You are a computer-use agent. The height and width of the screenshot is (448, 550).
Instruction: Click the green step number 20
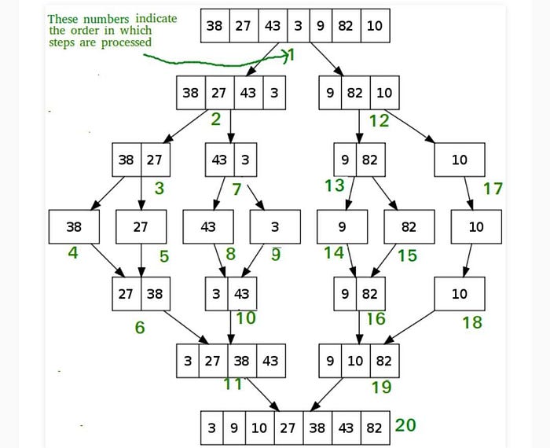(405, 425)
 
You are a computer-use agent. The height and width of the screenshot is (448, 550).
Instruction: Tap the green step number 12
(379, 121)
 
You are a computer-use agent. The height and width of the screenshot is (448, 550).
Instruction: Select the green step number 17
(493, 189)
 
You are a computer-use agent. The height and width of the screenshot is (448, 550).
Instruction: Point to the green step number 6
(139, 327)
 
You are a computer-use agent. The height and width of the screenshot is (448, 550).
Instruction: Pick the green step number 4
(73, 253)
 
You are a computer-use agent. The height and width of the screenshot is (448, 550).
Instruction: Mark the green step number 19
(382, 387)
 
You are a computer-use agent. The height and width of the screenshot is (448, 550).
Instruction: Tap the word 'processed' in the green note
(126, 42)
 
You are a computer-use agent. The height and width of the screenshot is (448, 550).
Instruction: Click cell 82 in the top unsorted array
(346, 26)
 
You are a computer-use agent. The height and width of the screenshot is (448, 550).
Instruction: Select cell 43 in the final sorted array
(346, 428)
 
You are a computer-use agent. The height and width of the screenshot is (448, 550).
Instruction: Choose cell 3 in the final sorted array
(212, 428)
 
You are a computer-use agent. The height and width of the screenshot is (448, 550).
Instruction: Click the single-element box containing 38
(74, 227)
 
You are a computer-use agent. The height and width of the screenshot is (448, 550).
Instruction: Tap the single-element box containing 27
(141, 227)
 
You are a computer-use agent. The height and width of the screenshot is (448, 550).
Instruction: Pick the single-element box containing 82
(409, 227)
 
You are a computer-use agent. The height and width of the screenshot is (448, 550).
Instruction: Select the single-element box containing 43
(208, 227)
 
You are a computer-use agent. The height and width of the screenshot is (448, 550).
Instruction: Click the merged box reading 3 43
(231, 294)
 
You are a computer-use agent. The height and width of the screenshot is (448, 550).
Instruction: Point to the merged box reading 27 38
(141, 294)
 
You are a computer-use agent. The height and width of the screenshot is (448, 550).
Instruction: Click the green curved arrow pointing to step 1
(212, 59)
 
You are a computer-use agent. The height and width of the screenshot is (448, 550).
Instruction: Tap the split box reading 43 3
(231, 160)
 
